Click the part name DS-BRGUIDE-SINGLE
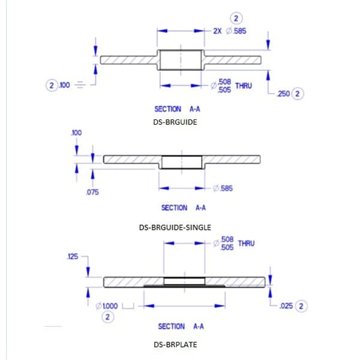(175, 227)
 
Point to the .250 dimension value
(284, 94)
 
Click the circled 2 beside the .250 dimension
(299, 94)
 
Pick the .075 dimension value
(92, 192)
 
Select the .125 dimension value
(73, 257)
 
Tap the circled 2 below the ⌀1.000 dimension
(107, 317)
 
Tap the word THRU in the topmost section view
(244, 85)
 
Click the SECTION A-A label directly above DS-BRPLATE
(180, 326)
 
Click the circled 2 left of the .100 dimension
(51, 85)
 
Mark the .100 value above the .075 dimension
(76, 132)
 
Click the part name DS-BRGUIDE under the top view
(176, 121)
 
